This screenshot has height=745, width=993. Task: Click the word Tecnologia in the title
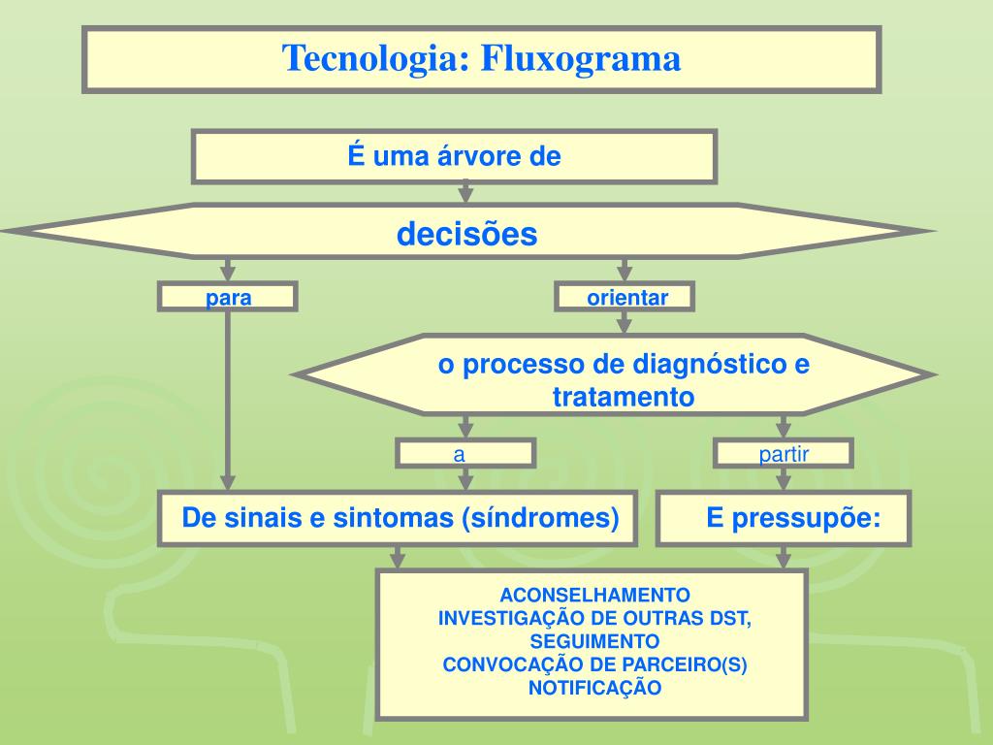click(372, 58)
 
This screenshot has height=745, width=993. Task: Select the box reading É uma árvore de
click(455, 157)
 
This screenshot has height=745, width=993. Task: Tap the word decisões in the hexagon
click(466, 234)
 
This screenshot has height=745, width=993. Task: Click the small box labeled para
click(228, 298)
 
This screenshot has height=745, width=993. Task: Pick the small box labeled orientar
click(626, 298)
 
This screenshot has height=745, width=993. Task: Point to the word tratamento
click(624, 397)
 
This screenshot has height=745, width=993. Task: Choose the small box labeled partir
click(784, 454)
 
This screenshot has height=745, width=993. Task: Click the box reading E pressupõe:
click(785, 519)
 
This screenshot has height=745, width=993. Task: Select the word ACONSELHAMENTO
click(594, 595)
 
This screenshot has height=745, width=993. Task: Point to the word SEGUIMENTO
click(594, 641)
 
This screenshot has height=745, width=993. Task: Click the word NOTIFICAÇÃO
click(594, 688)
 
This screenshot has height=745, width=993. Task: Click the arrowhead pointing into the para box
click(228, 274)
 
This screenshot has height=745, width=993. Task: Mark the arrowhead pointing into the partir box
click(784, 430)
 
